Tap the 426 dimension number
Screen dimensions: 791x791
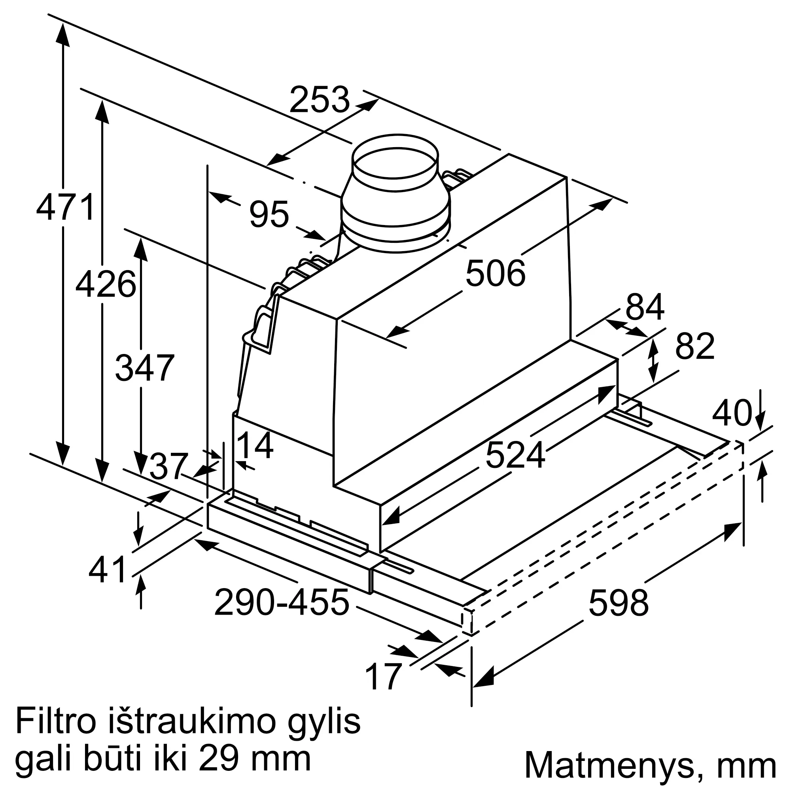[106, 284]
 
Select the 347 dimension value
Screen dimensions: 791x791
[144, 368]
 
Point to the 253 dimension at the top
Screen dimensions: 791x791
[319, 99]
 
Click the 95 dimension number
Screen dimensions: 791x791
[269, 214]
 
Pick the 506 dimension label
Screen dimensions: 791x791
[496, 273]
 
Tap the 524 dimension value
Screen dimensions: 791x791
[515, 455]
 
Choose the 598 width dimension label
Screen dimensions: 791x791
[619, 603]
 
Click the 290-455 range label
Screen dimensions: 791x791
[282, 602]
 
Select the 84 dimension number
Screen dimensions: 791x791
[645, 307]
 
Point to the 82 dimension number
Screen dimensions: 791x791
[695, 346]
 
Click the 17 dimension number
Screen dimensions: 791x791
[383, 677]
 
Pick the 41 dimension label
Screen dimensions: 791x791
[107, 570]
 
